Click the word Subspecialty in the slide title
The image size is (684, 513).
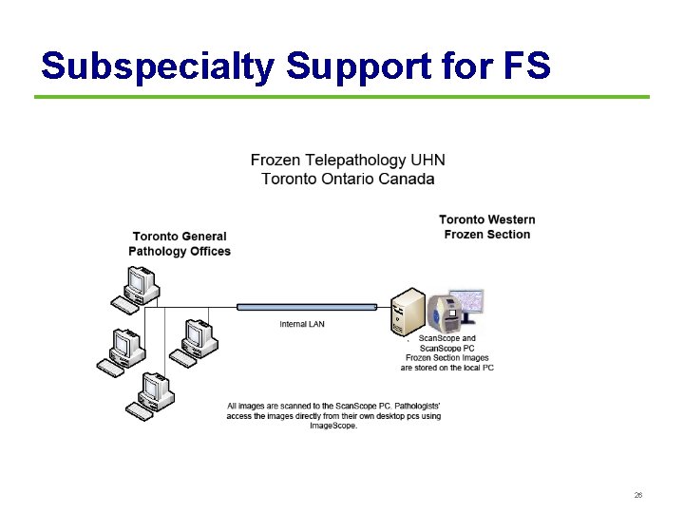coord(156,66)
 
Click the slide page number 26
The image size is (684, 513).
coord(638,496)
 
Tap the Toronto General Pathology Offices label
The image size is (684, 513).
coord(180,244)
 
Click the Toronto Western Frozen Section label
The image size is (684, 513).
coord(486,227)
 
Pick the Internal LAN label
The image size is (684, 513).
coord(301,324)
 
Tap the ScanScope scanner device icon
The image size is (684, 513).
coord(445,315)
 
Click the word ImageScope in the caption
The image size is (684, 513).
coord(333,426)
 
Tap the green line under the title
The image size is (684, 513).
coord(342,97)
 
